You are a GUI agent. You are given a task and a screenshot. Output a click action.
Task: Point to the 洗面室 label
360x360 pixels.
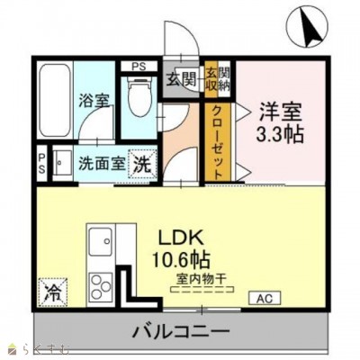point(98,165)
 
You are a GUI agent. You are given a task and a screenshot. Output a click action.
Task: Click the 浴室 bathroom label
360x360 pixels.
point(96,100)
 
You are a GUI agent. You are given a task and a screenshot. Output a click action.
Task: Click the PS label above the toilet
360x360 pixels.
point(139,66)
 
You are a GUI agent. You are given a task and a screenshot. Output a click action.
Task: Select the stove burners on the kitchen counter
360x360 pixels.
point(100,281)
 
